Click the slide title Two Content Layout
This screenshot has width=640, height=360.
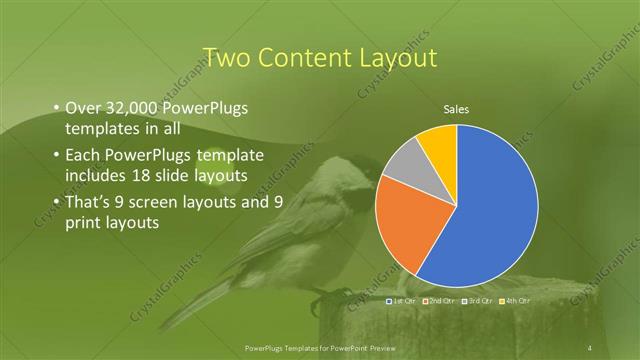(x=319, y=58)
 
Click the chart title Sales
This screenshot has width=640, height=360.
(x=456, y=110)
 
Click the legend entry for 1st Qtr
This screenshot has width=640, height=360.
(x=401, y=300)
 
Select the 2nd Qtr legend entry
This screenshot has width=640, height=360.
(x=439, y=300)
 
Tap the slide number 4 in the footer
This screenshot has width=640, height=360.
(x=590, y=347)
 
